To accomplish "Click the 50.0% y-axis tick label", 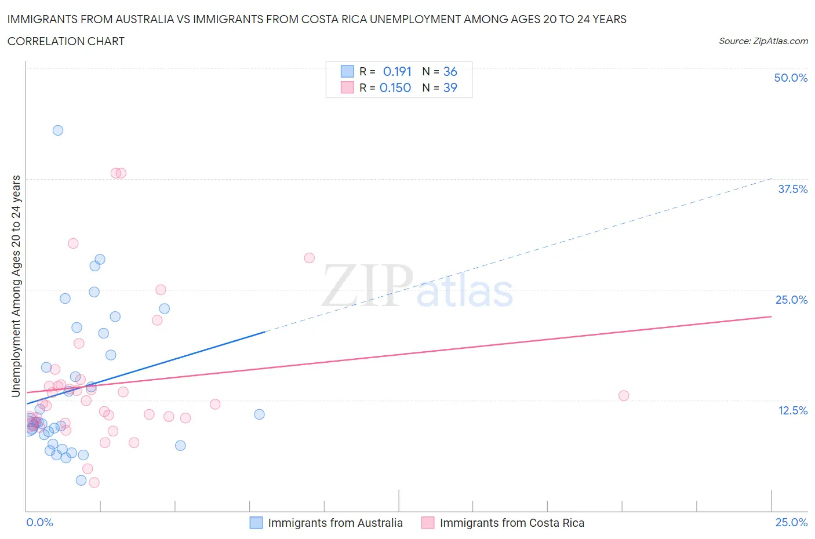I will click(791, 78).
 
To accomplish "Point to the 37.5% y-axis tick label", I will click(792, 189).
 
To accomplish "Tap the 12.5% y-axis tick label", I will click(792, 410).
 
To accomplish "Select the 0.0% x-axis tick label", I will click(39, 522).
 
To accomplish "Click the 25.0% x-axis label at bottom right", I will click(791, 522).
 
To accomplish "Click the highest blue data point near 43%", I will click(58, 130).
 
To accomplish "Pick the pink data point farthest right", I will click(624, 396).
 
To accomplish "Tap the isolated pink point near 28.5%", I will click(310, 258).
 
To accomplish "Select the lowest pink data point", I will click(94, 482).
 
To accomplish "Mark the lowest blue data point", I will click(81, 480).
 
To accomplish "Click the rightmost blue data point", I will click(259, 414).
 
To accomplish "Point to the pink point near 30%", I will click(73, 243).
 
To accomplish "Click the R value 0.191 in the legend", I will click(397, 71).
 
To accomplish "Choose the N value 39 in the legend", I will click(450, 88).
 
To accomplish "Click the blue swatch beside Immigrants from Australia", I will click(256, 523).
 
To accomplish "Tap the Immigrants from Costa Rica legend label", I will click(512, 523).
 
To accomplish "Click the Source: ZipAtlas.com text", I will click(763, 41).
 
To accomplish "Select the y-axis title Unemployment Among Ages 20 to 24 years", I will click(16, 286).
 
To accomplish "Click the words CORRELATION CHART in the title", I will click(66, 41).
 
